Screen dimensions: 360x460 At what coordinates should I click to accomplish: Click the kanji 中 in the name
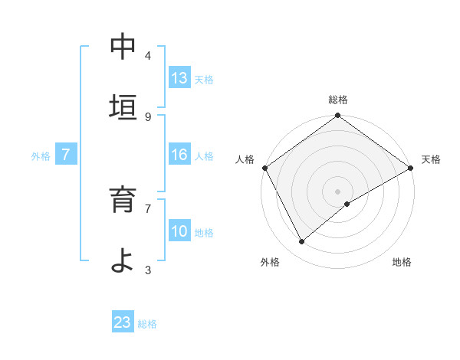click(x=123, y=47)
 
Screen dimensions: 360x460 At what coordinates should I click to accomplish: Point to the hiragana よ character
click(x=123, y=260)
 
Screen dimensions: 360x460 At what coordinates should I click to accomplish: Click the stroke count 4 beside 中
click(x=148, y=56)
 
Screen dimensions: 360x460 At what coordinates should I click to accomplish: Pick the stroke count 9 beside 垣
click(x=148, y=116)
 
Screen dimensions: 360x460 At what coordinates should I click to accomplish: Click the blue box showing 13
click(x=179, y=78)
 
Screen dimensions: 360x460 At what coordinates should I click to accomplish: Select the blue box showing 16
click(x=179, y=155)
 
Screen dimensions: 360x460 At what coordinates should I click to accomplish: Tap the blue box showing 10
click(x=179, y=231)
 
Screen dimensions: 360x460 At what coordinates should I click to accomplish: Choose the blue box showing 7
click(x=66, y=155)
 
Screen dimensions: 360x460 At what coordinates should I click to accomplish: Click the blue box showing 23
click(x=123, y=322)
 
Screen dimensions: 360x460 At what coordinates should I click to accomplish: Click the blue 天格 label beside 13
click(x=204, y=80)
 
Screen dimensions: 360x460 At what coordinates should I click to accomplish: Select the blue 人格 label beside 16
click(x=204, y=156)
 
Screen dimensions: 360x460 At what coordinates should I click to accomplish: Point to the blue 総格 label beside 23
click(x=147, y=324)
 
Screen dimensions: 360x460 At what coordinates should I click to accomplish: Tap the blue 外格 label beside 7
click(x=41, y=156)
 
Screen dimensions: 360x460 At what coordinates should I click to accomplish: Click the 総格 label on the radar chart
click(x=338, y=100)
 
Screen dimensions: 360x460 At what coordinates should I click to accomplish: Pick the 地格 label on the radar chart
click(x=402, y=262)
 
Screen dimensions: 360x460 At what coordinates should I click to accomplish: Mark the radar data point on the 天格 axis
click(x=411, y=168)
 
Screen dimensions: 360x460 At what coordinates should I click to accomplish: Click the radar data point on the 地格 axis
click(x=347, y=204)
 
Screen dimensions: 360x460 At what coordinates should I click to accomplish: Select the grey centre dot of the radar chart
click(x=338, y=191)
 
